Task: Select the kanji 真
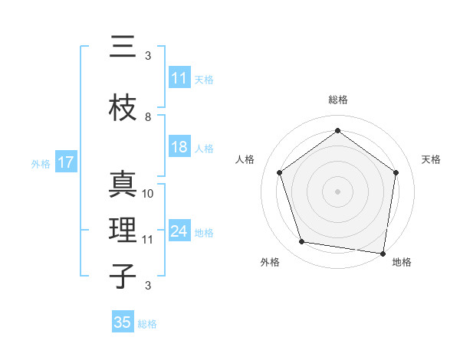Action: tap(123, 187)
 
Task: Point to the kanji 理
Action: tap(123, 231)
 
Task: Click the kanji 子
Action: tap(123, 277)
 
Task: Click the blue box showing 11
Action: tap(179, 78)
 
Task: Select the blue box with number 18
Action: tap(179, 148)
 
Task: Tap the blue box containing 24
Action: tap(179, 231)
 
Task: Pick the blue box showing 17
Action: tap(65, 162)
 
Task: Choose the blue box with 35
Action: tap(123, 322)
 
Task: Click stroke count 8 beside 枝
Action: tap(148, 117)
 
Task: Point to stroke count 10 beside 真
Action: tap(148, 194)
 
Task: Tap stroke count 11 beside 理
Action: tap(148, 239)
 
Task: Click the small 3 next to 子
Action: tap(148, 286)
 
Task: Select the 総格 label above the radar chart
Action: tap(337, 100)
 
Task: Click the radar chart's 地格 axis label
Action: tap(402, 262)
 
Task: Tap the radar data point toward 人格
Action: tap(279, 172)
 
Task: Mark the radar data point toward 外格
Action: tap(302, 242)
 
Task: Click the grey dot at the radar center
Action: tap(337, 191)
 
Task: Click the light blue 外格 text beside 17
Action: tap(41, 163)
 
